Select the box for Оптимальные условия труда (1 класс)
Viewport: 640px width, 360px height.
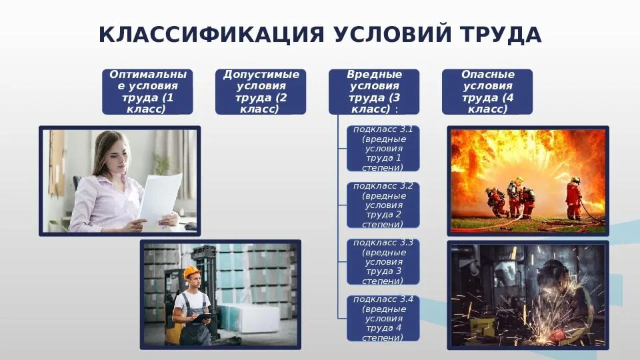[x=148, y=91]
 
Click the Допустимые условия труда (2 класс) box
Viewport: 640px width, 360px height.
[x=261, y=91]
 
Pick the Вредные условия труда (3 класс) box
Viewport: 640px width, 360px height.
[x=374, y=91]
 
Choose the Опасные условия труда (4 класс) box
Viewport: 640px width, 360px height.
[x=487, y=91]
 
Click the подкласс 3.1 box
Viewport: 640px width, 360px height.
[x=383, y=149]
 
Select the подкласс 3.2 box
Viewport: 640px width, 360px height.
[x=383, y=205]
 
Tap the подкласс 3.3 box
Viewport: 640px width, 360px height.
[x=383, y=261]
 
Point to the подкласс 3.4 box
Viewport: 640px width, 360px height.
[x=383, y=318]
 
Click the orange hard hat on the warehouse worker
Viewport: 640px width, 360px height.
[x=192, y=271]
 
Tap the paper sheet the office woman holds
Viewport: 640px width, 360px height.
[x=160, y=197]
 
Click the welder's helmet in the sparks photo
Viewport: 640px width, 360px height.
[x=553, y=273]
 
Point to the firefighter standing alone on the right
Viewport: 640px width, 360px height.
[x=573, y=197]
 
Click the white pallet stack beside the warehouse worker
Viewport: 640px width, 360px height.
[x=249, y=317]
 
